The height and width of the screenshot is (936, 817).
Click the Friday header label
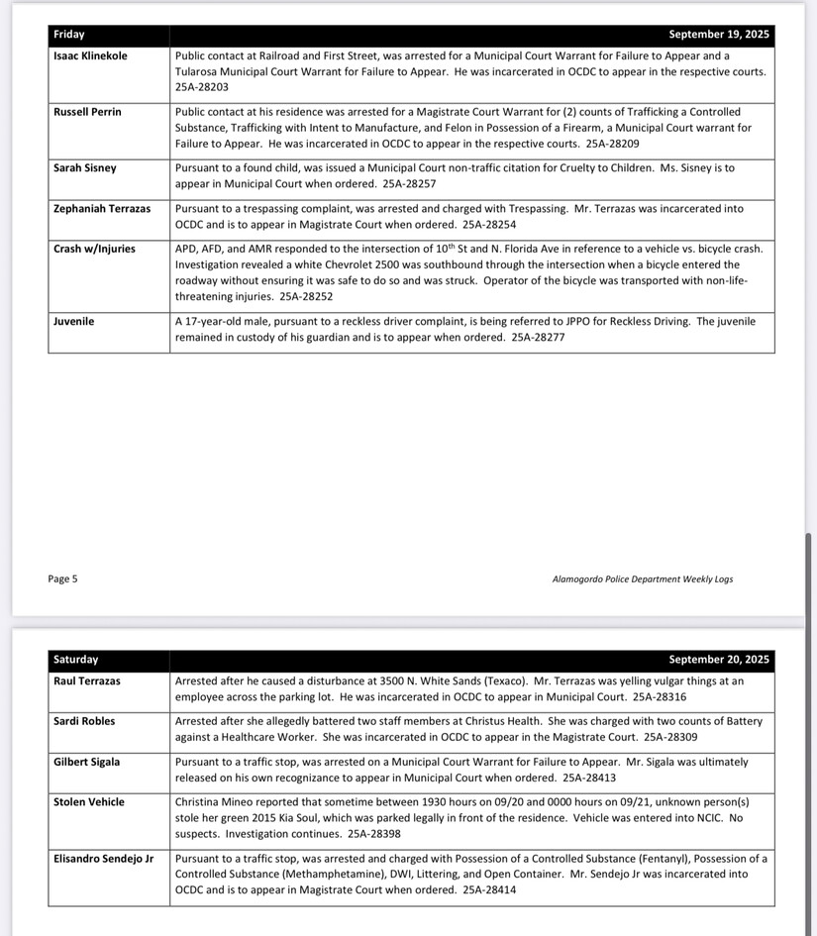[x=69, y=35]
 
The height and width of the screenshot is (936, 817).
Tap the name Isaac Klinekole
[x=90, y=56]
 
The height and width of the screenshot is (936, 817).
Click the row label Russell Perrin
[x=87, y=113]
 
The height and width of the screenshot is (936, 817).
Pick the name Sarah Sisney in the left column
[x=85, y=168]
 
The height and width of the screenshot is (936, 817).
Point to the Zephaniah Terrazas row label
[x=102, y=209]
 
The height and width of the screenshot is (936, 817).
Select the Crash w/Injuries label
[x=94, y=250]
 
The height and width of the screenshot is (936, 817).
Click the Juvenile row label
[x=74, y=322]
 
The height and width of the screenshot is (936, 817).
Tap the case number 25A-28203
[x=201, y=87]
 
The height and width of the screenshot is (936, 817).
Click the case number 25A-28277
[x=538, y=338]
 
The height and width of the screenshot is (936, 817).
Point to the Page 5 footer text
[x=62, y=579]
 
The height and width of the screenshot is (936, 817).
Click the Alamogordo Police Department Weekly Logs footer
[x=642, y=579]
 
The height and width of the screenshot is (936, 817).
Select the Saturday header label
[x=76, y=660]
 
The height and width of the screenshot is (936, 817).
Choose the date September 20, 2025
[x=718, y=660]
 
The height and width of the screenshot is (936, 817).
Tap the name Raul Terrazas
[x=87, y=681]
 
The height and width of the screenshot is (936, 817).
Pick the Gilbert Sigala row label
[x=87, y=763]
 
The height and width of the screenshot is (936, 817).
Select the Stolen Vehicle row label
[x=89, y=803]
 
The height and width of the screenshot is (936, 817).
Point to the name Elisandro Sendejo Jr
[x=104, y=859]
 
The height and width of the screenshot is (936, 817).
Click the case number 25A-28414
[x=489, y=890]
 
